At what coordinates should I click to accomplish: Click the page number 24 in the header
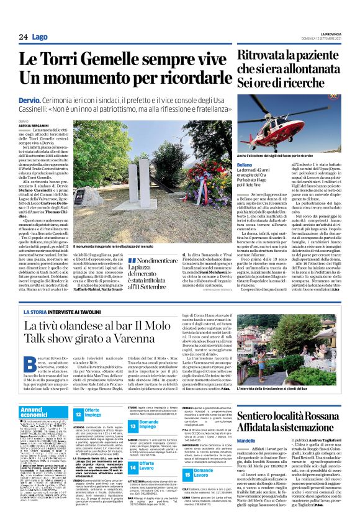pos(23,38)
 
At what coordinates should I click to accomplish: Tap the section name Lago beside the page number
pos(40,38)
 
